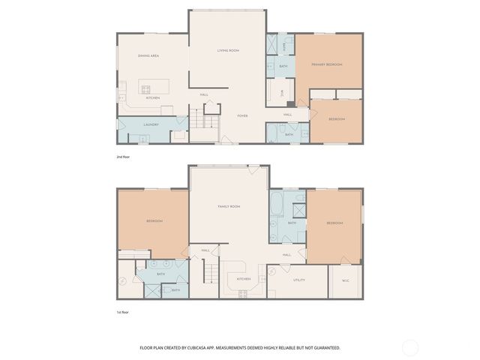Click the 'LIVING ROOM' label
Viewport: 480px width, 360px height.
tap(228, 50)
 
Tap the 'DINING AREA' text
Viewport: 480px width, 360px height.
tap(148, 55)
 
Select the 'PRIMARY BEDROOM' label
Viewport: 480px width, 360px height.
tap(328, 64)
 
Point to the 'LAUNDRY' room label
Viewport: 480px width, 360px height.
tap(151, 124)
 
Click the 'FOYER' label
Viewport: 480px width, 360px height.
tap(242, 115)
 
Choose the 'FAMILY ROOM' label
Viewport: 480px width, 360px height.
tap(229, 206)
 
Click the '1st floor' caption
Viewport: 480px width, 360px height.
tap(123, 311)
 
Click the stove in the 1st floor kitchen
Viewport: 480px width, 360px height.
tap(243, 293)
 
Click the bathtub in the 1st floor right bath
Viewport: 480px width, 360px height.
tap(276, 205)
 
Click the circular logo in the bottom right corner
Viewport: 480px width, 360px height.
tap(410, 347)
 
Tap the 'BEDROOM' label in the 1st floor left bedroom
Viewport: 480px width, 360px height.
tap(154, 221)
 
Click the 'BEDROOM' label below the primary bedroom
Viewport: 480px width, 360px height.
tap(337, 119)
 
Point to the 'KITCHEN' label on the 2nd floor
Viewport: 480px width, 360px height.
tap(152, 97)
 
